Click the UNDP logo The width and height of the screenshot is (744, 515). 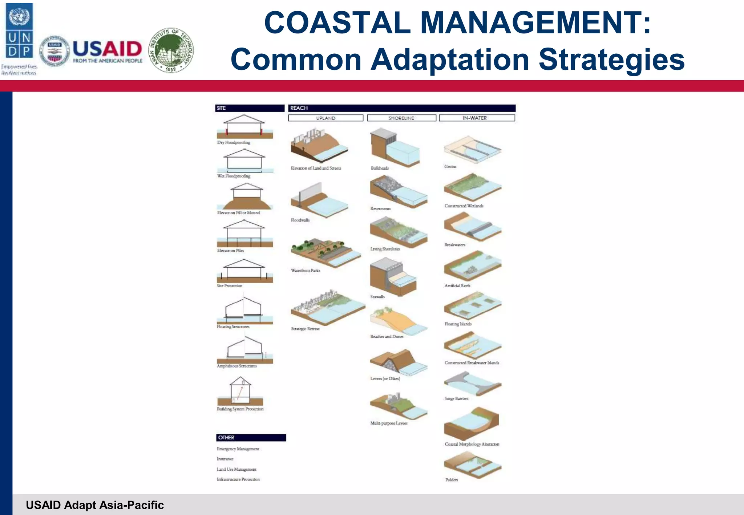click(19, 31)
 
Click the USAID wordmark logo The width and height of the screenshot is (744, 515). click(107, 51)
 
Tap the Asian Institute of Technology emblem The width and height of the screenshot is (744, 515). click(171, 50)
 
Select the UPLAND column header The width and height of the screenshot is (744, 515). click(325, 118)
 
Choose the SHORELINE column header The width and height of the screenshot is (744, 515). click(401, 118)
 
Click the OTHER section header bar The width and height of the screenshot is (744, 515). click(251, 438)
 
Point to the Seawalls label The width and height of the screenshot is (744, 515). click(377, 297)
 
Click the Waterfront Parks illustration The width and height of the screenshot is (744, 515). click(325, 252)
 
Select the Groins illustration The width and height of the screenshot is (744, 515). click(472, 149)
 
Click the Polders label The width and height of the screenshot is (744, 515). click(452, 480)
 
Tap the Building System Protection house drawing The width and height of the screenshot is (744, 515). click(240, 392)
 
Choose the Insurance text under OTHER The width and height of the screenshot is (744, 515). click(225, 459)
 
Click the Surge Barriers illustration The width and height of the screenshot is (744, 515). click(472, 384)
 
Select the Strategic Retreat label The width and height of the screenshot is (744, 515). click(305, 329)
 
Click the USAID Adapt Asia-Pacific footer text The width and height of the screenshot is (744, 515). click(95, 505)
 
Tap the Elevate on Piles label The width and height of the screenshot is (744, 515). click(230, 251)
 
